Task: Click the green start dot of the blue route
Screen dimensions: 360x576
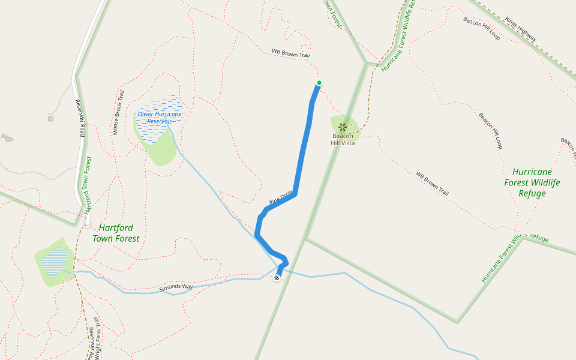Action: point(319,83)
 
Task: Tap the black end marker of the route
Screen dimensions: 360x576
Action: point(277,278)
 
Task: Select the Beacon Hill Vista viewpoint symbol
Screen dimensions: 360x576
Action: point(343,127)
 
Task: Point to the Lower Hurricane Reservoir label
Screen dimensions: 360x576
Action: point(160,117)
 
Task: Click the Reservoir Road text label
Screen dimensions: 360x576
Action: point(79,118)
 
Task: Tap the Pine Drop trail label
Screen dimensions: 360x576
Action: point(280,197)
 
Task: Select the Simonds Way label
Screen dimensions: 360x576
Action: point(176,287)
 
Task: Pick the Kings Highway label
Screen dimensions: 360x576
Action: point(520,29)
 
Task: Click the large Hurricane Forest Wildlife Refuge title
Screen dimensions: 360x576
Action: point(532,182)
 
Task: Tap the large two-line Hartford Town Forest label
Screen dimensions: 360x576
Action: point(116,233)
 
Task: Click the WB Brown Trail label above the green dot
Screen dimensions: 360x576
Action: point(290,53)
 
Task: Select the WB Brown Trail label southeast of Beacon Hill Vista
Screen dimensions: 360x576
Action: point(432,184)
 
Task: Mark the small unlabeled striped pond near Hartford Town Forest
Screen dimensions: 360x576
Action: point(56,262)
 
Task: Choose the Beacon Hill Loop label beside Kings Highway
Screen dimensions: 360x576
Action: point(482,28)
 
